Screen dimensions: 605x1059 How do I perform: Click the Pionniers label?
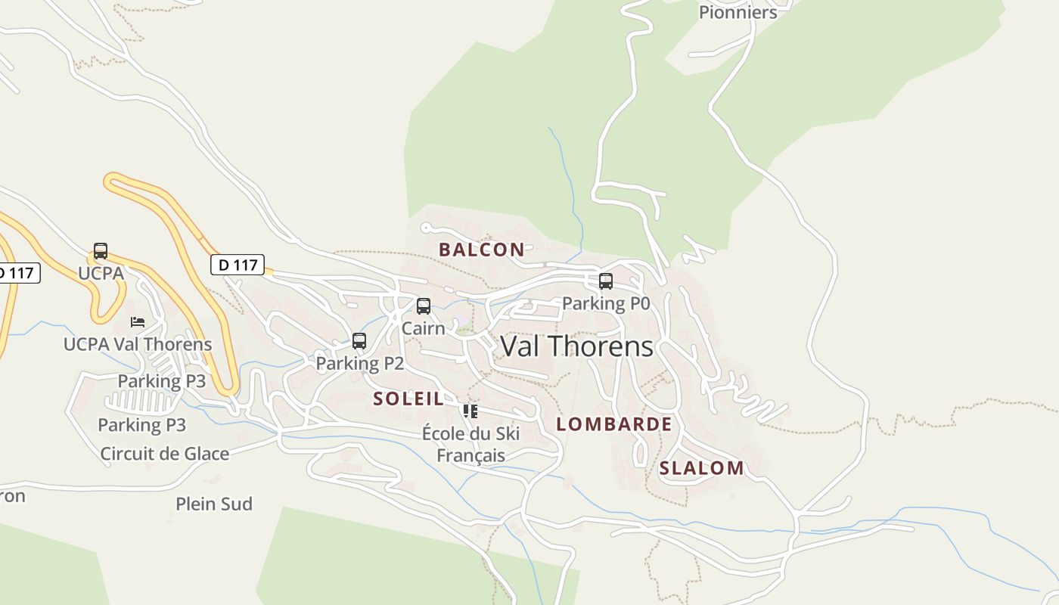(x=738, y=12)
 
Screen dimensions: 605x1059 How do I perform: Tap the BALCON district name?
(x=481, y=250)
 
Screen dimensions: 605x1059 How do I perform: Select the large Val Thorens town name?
(x=576, y=346)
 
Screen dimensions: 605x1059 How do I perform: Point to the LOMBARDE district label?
(x=613, y=424)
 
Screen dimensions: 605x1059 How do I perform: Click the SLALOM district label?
(x=701, y=468)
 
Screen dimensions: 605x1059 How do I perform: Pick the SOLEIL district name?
(x=408, y=399)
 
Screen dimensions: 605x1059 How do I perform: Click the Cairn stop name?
(x=423, y=328)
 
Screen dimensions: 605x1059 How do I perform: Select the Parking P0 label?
(x=606, y=303)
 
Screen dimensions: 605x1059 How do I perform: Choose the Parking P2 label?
(x=359, y=363)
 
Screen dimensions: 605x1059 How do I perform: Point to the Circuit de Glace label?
(x=164, y=454)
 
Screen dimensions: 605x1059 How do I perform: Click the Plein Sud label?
(x=214, y=504)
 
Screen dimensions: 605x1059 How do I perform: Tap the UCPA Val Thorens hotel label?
(x=138, y=344)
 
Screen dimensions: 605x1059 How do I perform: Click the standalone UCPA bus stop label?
(x=101, y=273)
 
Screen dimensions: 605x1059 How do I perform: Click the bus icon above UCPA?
(x=101, y=251)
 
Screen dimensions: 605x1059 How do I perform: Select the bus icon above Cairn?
(x=424, y=306)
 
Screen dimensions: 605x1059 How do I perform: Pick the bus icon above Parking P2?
(x=359, y=341)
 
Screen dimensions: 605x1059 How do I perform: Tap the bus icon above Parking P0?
(x=606, y=281)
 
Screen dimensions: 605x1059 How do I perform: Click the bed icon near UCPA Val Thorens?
(x=138, y=322)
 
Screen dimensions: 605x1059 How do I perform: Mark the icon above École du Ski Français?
(x=470, y=411)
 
